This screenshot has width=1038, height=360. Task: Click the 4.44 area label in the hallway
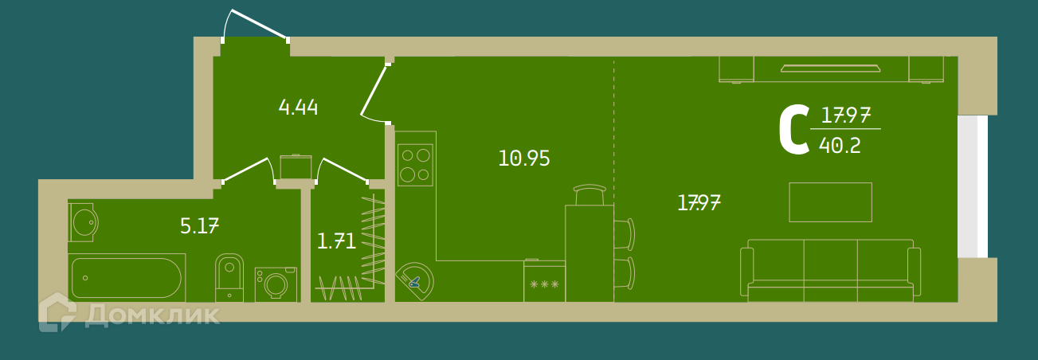[x=298, y=108]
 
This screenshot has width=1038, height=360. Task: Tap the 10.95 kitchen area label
[x=524, y=158]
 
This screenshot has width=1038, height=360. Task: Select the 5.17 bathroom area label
[x=199, y=226]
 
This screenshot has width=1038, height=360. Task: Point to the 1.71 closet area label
[x=336, y=241]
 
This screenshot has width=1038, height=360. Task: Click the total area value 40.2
[x=840, y=146]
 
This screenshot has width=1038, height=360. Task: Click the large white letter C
[x=794, y=129]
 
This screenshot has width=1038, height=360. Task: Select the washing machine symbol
[x=276, y=284]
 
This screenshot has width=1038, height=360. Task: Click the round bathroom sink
[x=84, y=222]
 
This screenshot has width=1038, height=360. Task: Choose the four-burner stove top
[x=416, y=165]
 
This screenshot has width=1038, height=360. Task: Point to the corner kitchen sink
[x=415, y=282]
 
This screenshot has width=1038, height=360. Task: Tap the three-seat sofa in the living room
[x=830, y=271]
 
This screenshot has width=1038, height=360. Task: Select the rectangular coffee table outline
[x=830, y=202]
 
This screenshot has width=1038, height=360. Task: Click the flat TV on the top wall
[x=830, y=68]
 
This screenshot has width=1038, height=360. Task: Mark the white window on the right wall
[x=972, y=186]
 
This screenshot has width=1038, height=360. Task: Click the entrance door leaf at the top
[x=259, y=24]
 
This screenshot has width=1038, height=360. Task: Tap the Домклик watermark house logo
[x=57, y=312]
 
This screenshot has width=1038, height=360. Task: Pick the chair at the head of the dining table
[x=590, y=194]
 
